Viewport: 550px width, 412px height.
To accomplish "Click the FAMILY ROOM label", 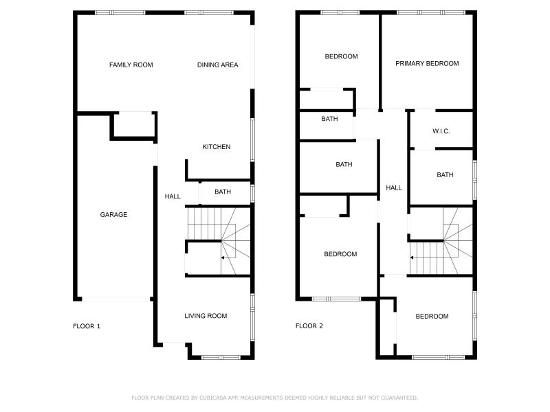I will click(x=131, y=65).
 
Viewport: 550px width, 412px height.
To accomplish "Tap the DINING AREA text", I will click(x=217, y=65).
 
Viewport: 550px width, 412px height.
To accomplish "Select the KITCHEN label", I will click(x=216, y=147).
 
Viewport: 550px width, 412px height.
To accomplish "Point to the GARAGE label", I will click(x=113, y=215).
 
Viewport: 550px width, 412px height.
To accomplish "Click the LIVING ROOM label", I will click(x=206, y=316).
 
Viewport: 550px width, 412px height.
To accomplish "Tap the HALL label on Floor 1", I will click(x=173, y=196).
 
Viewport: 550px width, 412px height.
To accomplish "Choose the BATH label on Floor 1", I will click(x=222, y=192).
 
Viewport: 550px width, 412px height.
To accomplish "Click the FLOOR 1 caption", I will click(x=87, y=326).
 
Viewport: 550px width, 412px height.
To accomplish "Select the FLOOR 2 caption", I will click(x=309, y=326).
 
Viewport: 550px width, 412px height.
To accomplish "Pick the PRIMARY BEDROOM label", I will click(x=427, y=64).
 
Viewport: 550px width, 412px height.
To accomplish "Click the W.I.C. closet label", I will click(x=441, y=131).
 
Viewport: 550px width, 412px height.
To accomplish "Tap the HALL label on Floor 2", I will click(x=393, y=187).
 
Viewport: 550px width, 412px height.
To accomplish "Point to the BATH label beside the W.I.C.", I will click(x=445, y=175).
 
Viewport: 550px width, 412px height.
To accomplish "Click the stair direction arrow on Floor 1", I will click(x=223, y=257).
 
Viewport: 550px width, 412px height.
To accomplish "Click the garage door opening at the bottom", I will click(x=114, y=299).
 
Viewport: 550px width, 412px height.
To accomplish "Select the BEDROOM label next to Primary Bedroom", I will click(x=341, y=57).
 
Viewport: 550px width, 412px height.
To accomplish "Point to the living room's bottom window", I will click(x=220, y=357).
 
